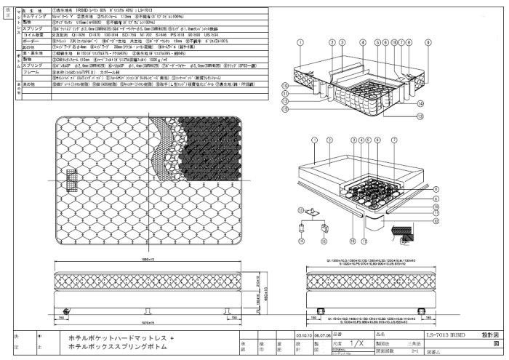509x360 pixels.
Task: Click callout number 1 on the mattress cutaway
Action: click(x=300, y=43)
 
